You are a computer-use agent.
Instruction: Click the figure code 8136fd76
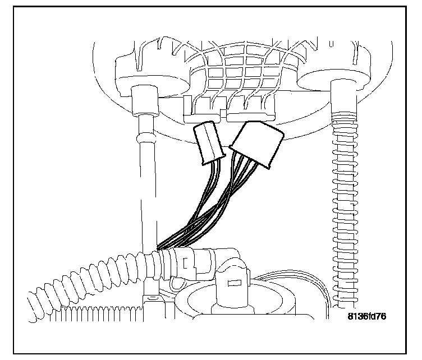click(x=366, y=317)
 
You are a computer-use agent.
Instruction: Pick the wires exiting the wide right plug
click(x=233, y=179)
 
